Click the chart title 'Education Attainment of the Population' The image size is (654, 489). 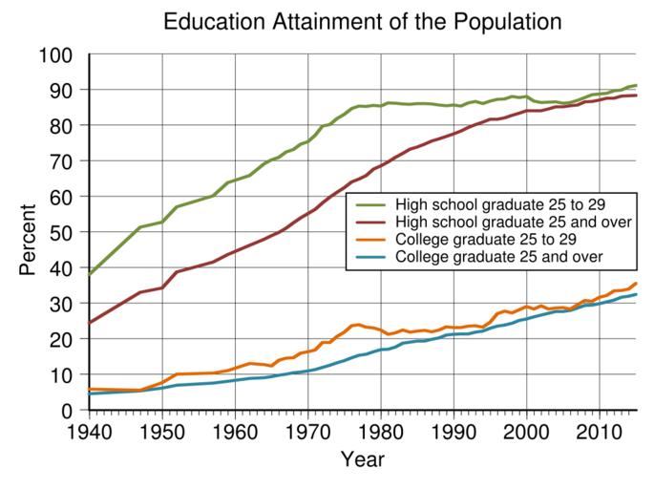point(362,21)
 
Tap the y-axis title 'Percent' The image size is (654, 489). point(28,233)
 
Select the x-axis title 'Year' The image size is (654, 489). point(363,460)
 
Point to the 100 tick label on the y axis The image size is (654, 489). point(55,54)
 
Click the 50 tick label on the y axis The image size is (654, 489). point(63,232)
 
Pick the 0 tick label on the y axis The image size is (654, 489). point(70,411)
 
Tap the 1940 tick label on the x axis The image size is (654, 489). point(89,431)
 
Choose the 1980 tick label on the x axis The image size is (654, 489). point(381,431)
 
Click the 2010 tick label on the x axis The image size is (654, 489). point(600,431)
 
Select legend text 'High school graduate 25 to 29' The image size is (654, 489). point(500,203)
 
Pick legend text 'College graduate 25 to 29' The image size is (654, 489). point(486,240)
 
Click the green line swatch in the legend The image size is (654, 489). point(370,204)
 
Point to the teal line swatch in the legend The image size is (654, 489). point(370,258)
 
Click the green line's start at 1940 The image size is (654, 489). point(89,274)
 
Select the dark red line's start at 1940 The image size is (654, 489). point(89,323)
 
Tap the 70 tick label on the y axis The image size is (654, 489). point(63,161)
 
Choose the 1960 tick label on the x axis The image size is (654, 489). point(235,431)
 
